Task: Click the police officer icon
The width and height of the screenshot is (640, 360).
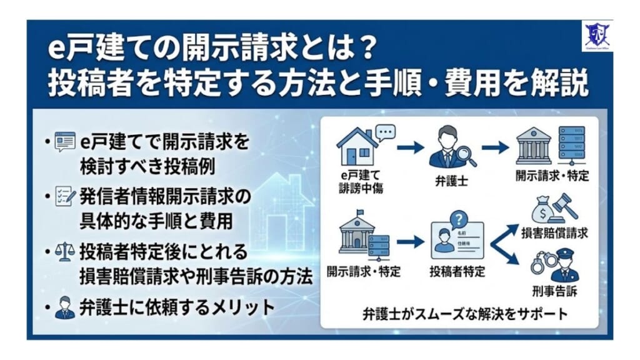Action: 566,265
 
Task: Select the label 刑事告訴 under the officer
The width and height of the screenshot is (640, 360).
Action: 556,291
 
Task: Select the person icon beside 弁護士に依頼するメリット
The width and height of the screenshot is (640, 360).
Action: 64,307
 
